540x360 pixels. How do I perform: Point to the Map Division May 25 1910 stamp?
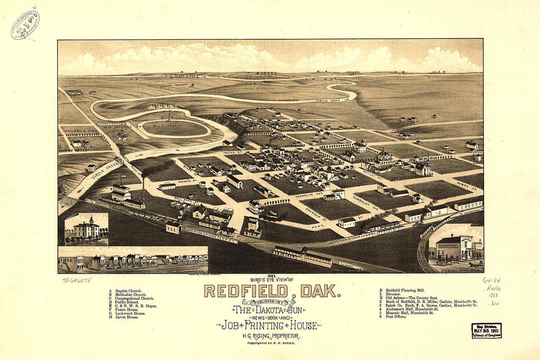[486, 331]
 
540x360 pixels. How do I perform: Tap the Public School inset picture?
[86, 229]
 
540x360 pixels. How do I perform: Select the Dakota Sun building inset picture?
[455, 249]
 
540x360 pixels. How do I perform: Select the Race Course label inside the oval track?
[175, 128]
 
